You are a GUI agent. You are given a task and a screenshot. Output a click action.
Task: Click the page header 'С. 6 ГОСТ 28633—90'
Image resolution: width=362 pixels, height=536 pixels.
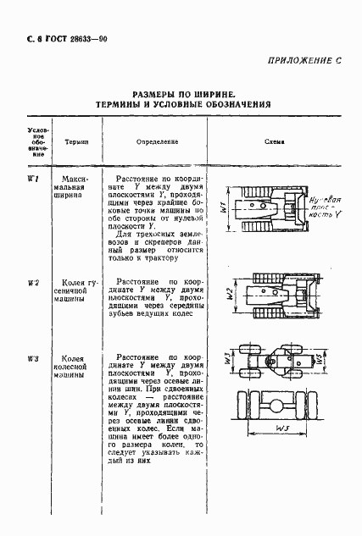click(58, 40)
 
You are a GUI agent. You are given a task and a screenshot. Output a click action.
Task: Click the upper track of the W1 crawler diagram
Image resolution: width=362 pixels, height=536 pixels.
click(262, 190)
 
